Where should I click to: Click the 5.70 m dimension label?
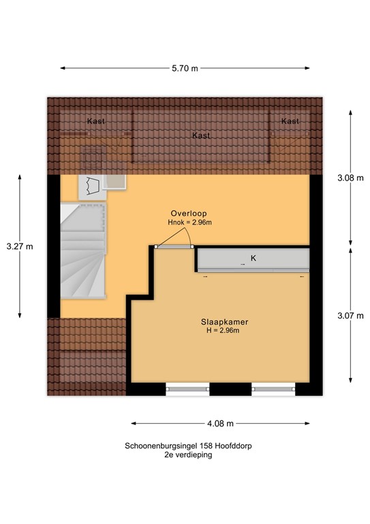point(185,68)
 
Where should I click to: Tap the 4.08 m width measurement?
point(221,422)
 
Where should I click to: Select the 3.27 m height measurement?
point(19,246)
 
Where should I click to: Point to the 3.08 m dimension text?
point(350,178)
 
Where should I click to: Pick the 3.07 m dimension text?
point(350,315)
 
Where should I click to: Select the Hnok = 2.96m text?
point(190,222)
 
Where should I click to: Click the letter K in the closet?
point(253,258)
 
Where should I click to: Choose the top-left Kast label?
point(96,121)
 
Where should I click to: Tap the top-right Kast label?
point(290,121)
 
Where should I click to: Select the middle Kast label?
point(200,136)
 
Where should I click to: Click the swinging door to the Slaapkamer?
point(173,239)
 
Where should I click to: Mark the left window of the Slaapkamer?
point(187,390)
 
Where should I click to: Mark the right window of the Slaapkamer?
point(273,390)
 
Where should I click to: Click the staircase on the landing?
point(83,252)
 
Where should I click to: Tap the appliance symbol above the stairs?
point(92,184)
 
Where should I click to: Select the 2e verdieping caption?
point(183,454)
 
